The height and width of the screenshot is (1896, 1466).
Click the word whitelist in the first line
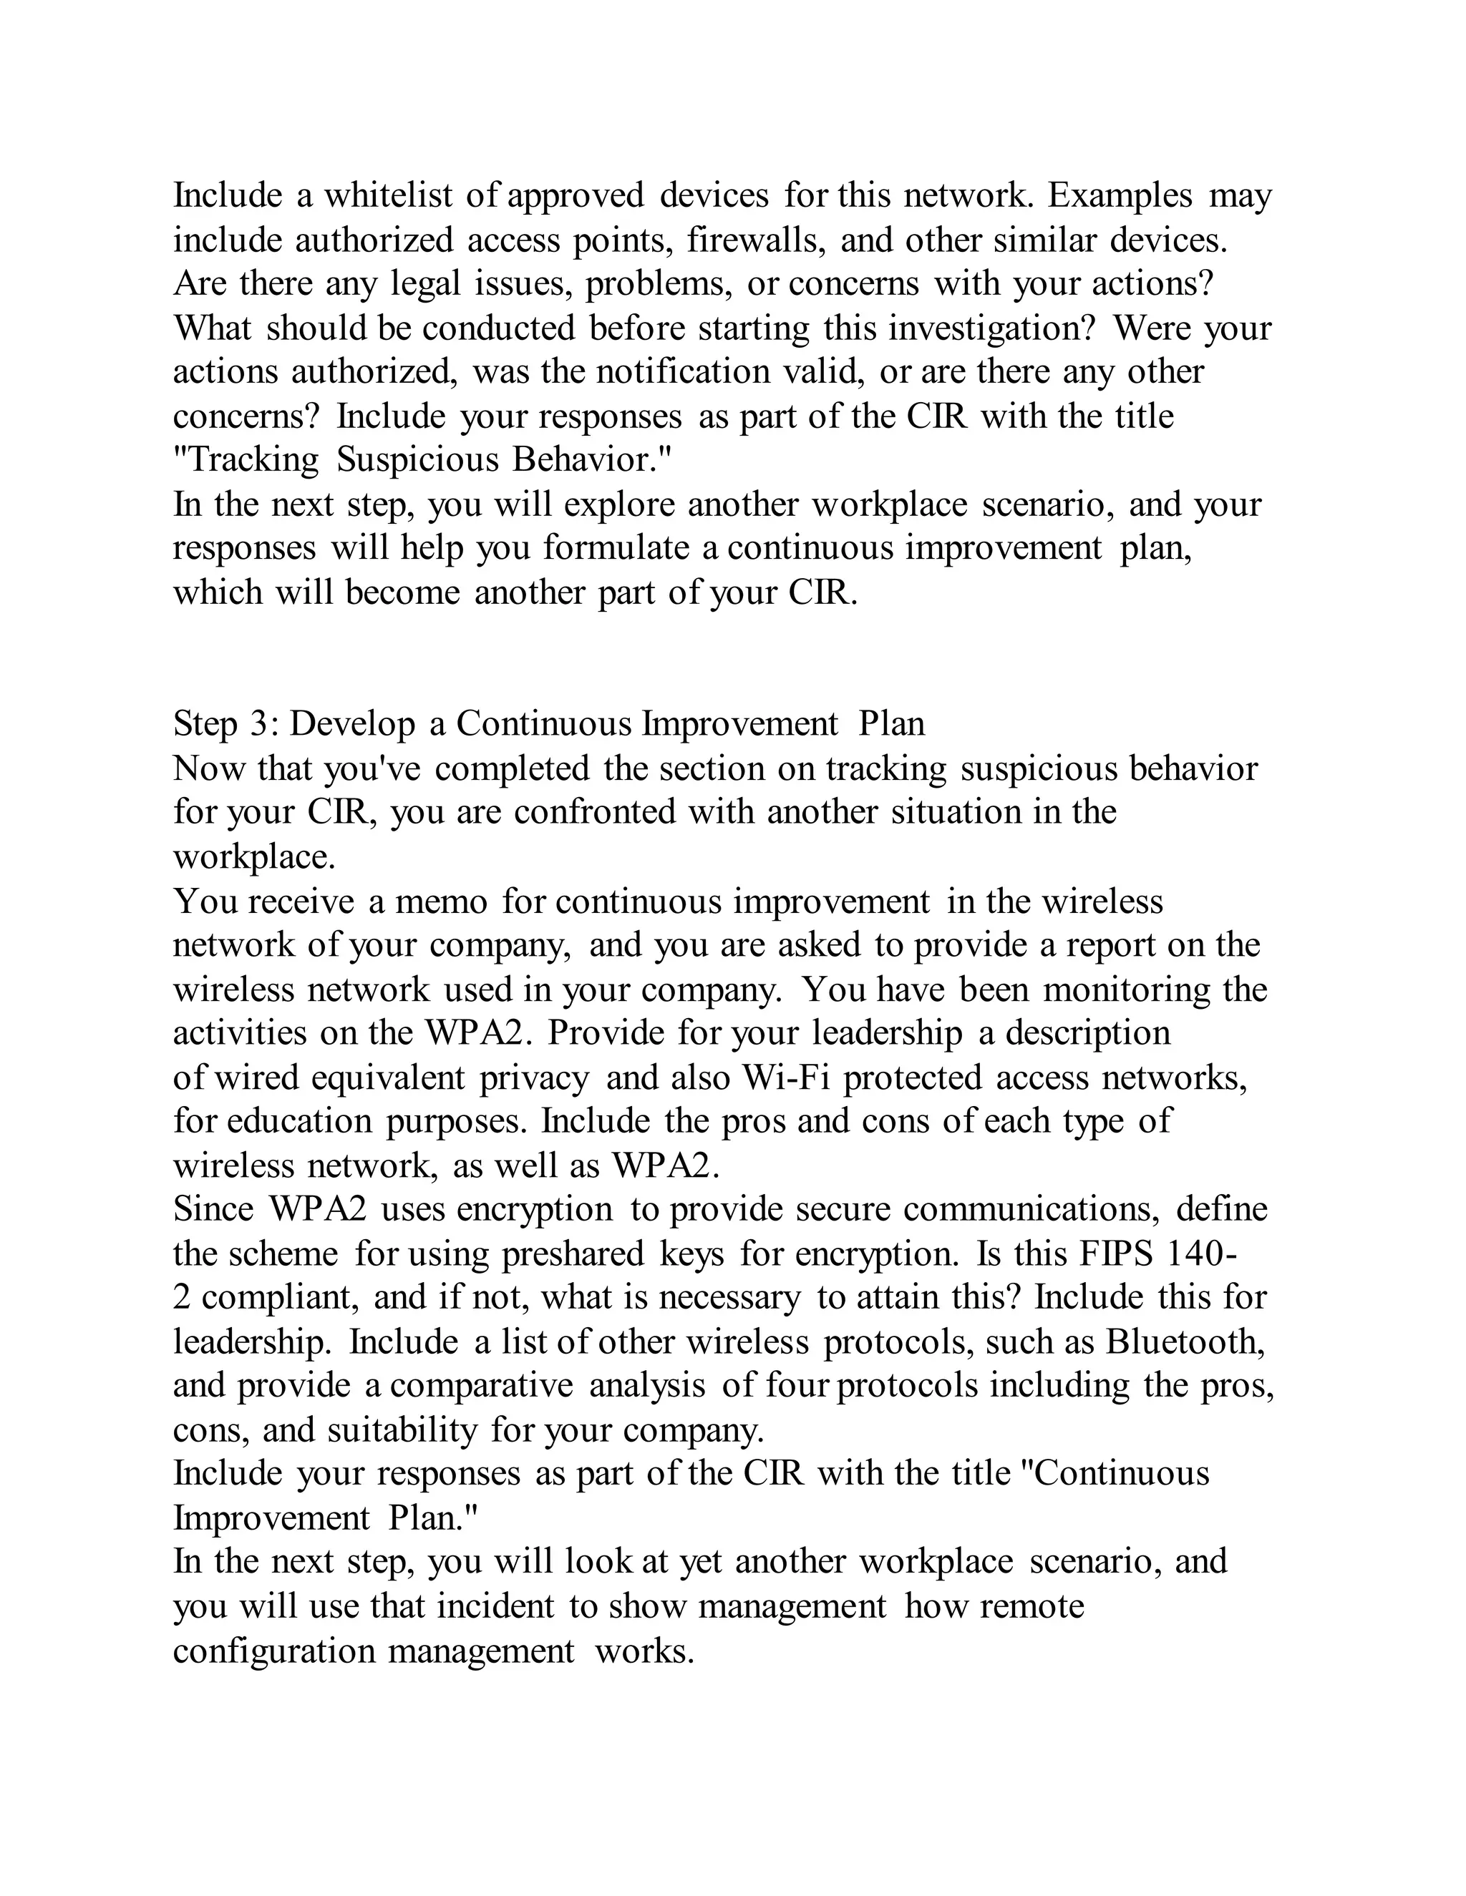(x=388, y=195)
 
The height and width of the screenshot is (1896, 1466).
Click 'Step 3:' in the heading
(x=225, y=724)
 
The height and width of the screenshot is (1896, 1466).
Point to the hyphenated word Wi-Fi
(x=786, y=1078)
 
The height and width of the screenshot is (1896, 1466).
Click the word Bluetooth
(x=1185, y=1342)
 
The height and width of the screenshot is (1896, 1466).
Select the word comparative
(x=481, y=1386)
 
